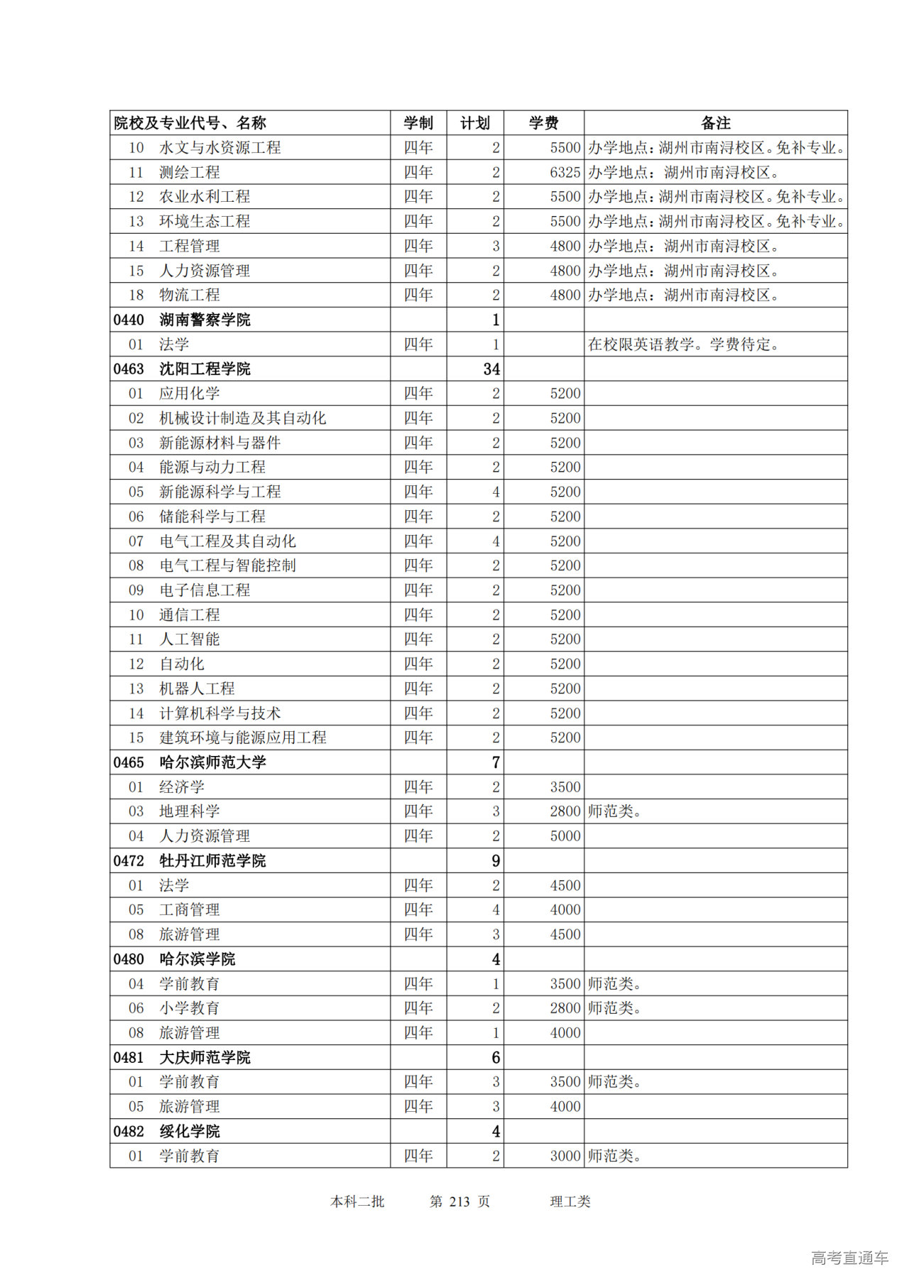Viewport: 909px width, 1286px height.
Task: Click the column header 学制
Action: click(418, 123)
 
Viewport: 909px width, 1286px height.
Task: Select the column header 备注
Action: click(715, 123)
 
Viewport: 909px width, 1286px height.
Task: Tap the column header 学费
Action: click(543, 123)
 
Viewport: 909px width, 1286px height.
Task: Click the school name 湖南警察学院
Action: click(205, 320)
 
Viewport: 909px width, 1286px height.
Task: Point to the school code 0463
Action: click(129, 369)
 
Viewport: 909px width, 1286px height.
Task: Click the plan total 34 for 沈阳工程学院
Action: click(491, 369)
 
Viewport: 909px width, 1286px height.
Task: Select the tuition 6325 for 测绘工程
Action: click(565, 172)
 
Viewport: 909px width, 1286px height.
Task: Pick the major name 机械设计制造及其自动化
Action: click(242, 418)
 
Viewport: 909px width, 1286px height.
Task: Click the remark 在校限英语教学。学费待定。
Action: click(683, 345)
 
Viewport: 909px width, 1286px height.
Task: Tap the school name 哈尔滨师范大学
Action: click(212, 762)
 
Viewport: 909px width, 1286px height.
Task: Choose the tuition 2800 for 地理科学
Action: click(565, 811)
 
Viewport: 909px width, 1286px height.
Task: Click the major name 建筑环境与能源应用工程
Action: click(242, 737)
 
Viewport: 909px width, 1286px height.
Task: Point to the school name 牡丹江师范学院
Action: click(212, 860)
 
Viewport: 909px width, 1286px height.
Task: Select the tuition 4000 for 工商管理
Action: click(565, 909)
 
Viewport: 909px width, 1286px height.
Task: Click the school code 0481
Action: click(129, 1057)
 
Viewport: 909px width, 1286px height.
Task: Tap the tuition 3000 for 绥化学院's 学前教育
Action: click(565, 1156)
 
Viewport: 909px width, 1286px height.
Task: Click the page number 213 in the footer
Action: click(459, 1201)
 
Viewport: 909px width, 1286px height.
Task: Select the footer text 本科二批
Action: click(357, 1201)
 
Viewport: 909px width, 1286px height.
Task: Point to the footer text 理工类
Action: click(570, 1201)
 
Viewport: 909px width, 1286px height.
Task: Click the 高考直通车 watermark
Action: click(849, 1258)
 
